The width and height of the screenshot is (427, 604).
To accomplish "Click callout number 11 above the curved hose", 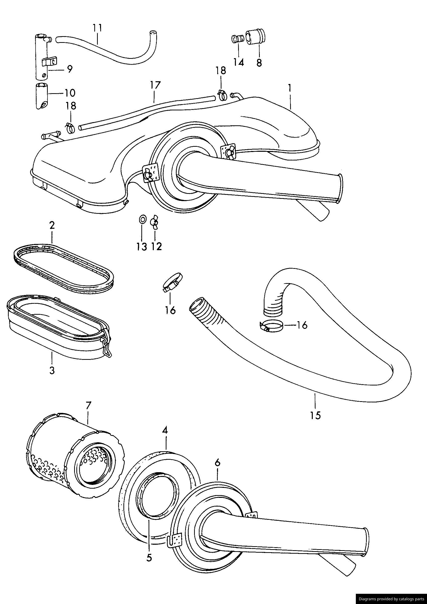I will coord(97,28).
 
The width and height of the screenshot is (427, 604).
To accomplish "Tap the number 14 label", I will coord(238,62).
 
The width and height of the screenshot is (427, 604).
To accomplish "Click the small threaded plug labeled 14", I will coord(237,39).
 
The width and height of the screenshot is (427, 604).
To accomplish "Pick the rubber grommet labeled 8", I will coord(255,37).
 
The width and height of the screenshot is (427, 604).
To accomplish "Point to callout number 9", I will coord(69,69).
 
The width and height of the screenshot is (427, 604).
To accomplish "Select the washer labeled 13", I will coord(142,219).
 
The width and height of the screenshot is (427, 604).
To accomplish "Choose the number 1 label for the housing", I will coord(289,88).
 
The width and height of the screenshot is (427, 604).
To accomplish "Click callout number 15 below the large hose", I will coord(315,415).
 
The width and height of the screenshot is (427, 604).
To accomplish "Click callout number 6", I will coord(217,463).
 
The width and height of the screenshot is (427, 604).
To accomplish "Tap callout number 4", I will coord(165,431).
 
